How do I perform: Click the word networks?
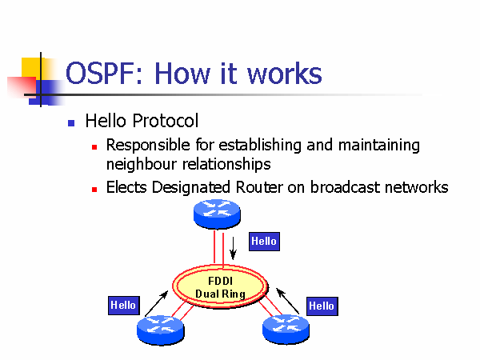[417, 188]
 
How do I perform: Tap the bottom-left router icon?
[161, 327]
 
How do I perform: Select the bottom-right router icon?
[285, 327]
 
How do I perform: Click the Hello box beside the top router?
[264, 241]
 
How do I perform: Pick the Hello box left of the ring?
[123, 305]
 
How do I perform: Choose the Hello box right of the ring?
[322, 306]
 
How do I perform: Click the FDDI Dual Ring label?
[220, 287]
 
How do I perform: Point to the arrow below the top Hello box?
[233, 247]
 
